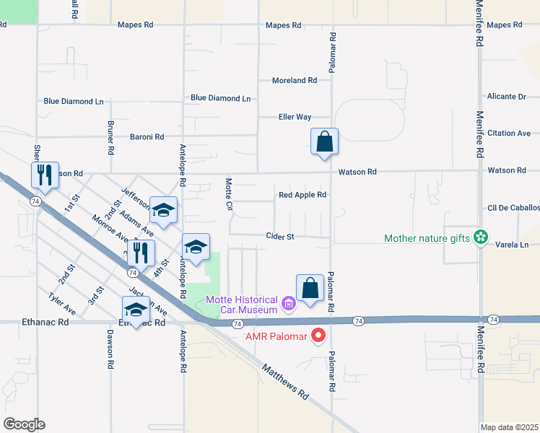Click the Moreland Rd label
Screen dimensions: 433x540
click(x=295, y=81)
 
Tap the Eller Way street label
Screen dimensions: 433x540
click(x=295, y=117)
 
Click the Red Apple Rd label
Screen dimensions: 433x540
click(x=302, y=195)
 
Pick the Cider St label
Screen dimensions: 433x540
click(x=280, y=236)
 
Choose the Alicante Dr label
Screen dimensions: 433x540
click(x=506, y=97)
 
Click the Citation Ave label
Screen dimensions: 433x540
click(x=509, y=134)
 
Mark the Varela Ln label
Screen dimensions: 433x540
click(x=512, y=245)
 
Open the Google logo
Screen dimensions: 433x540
click(x=24, y=424)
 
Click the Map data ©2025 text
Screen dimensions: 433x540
click(x=510, y=427)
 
